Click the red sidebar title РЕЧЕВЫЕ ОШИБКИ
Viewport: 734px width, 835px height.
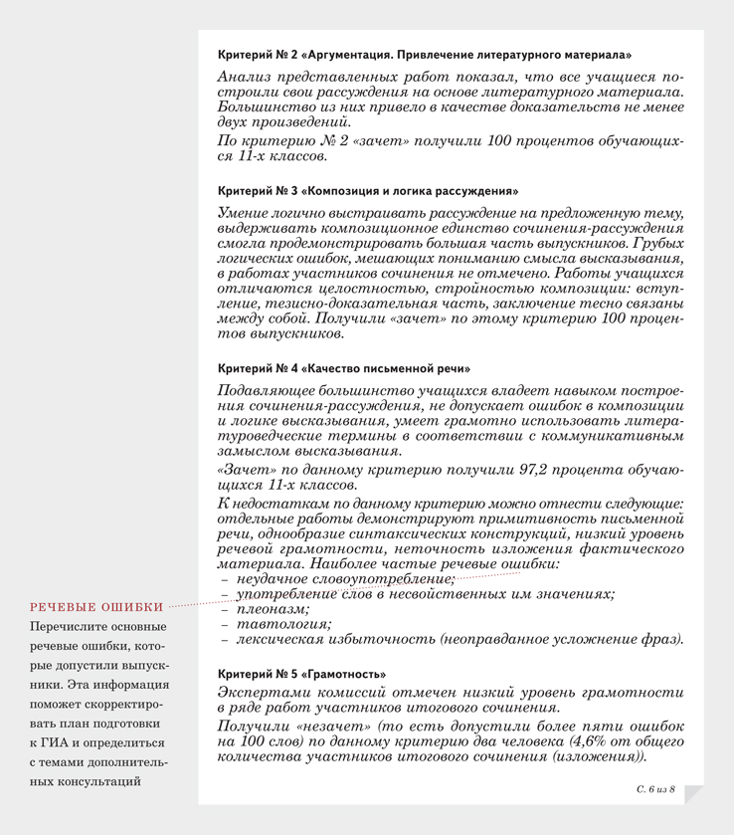click(x=96, y=606)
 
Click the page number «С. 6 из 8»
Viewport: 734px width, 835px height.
click(x=655, y=788)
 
